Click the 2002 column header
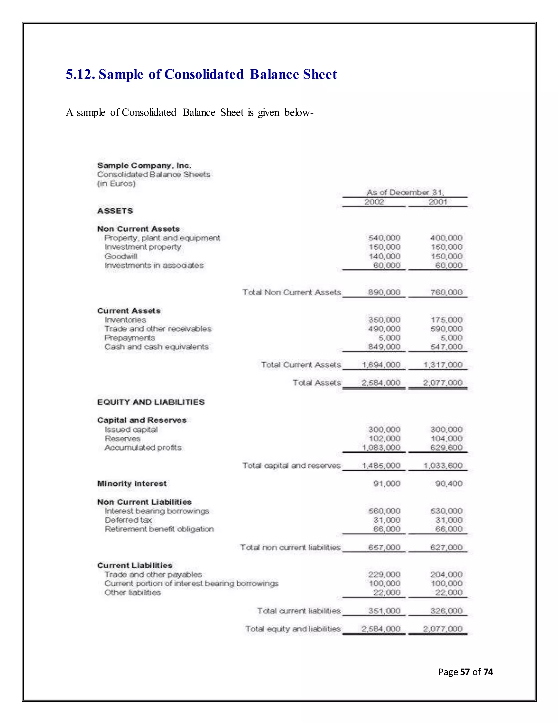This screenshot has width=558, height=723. (374, 202)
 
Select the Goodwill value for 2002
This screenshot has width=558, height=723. (384, 256)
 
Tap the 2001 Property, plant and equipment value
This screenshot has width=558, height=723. (446, 238)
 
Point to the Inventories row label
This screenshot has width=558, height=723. (125, 320)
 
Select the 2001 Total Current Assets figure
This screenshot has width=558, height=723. (443, 365)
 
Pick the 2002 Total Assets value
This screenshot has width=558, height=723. (381, 383)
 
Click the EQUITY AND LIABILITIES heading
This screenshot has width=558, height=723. (151, 402)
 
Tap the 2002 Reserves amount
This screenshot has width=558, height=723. (384, 438)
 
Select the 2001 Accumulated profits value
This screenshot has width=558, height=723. (446, 447)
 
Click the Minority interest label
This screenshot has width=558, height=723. (132, 484)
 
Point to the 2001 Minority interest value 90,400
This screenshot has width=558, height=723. (448, 484)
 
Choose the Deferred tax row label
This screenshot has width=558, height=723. (128, 520)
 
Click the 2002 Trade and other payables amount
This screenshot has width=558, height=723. (384, 574)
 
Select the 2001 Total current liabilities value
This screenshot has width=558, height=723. (446, 611)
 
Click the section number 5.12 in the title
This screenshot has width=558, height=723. (80, 74)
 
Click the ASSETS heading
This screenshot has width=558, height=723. (115, 211)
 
